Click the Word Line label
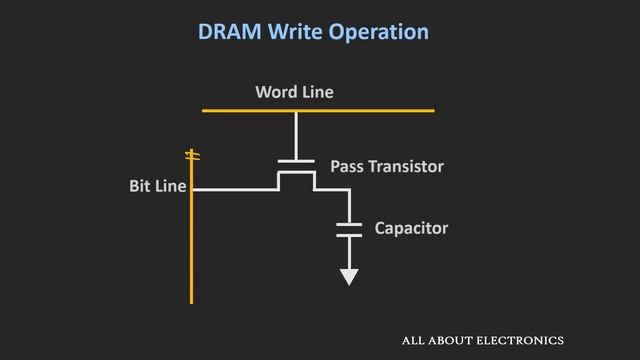(x=294, y=92)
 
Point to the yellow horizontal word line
(x=380, y=110)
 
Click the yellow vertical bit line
(x=191, y=250)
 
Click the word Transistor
(x=407, y=166)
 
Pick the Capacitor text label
(x=411, y=228)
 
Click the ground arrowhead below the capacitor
(x=349, y=276)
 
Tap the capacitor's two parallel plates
(x=349, y=228)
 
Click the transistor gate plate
(x=296, y=160)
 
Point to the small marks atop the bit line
(x=193, y=155)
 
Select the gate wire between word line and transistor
(x=296, y=135)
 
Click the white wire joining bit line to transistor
(x=235, y=188)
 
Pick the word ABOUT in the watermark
(x=451, y=340)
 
